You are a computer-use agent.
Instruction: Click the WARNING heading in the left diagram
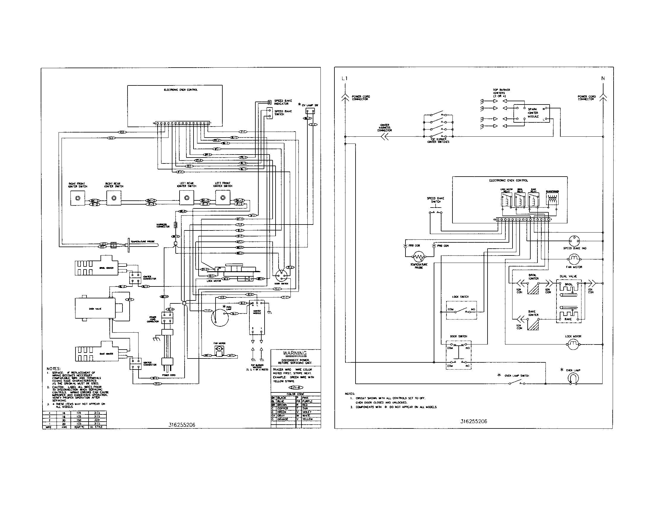[x=295, y=353]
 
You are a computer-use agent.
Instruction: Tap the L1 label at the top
[x=345, y=79]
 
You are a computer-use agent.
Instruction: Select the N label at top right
[x=603, y=78]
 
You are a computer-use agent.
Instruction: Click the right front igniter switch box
[x=78, y=198]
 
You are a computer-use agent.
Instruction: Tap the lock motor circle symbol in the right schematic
[x=573, y=345]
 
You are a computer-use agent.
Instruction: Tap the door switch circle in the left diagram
[x=281, y=274]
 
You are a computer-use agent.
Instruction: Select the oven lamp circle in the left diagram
[x=220, y=317]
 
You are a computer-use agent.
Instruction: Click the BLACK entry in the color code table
[x=282, y=398]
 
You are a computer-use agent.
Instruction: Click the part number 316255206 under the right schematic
[x=474, y=421]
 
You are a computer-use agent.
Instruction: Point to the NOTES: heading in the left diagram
[x=54, y=369]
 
